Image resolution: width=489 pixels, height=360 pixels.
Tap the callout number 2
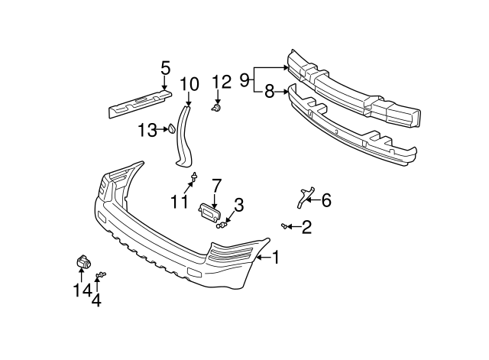point(306,226)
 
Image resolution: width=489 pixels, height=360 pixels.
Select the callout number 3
point(238,205)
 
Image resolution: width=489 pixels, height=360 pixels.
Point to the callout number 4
point(96,300)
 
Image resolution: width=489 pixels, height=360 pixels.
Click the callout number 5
point(165,69)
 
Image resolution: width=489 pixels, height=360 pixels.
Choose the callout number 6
point(326,201)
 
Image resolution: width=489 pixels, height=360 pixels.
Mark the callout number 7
point(216,185)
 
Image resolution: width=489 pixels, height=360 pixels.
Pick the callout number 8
point(269,92)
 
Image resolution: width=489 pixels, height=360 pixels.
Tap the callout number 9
point(244,79)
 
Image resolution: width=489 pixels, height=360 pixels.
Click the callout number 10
point(189,83)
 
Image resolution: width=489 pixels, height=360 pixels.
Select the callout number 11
point(179,202)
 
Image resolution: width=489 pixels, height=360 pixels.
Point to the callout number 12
point(221,82)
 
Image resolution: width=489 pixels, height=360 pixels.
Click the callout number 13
point(147,130)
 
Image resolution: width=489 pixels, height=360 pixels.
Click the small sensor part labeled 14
point(81,262)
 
